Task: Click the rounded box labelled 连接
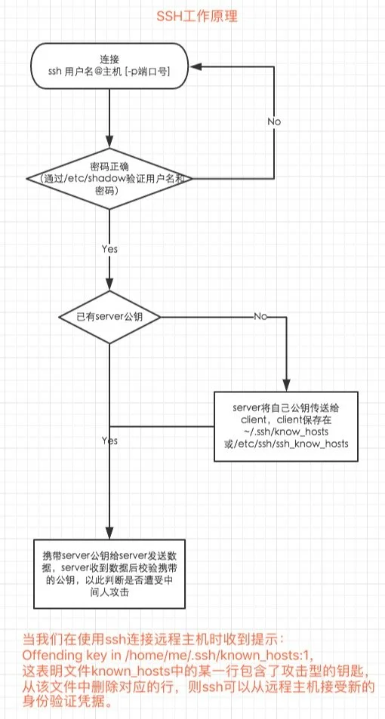point(109,65)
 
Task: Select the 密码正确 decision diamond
point(109,179)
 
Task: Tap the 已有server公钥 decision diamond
point(110,317)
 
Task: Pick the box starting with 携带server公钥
point(110,573)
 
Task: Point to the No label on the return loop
point(276,121)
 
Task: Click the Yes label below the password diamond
point(109,247)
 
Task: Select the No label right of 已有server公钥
point(260,317)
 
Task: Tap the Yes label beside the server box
point(109,440)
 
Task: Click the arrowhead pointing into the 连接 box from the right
point(192,66)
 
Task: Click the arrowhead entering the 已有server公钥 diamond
point(109,287)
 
